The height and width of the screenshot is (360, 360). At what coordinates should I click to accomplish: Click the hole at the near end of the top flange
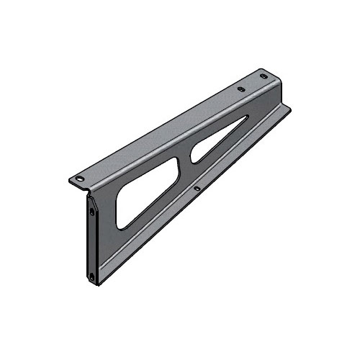(x=81, y=178)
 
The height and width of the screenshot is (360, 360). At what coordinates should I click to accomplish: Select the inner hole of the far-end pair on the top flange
(x=241, y=89)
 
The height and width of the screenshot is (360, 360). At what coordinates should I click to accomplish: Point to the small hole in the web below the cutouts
(x=198, y=189)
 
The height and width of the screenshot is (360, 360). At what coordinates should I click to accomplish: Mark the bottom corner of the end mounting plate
(x=96, y=285)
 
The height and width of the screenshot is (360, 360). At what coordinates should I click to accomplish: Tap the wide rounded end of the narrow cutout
(x=195, y=155)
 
